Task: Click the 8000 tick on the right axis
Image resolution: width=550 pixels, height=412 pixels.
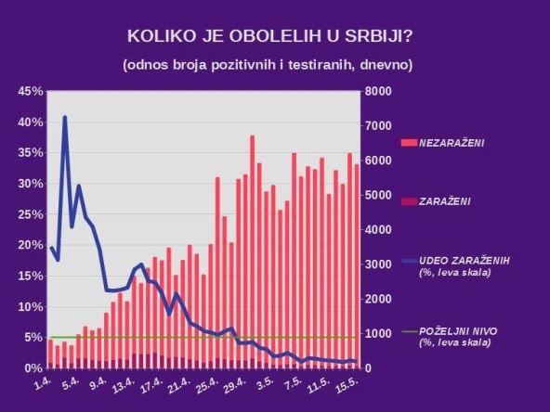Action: click(378, 91)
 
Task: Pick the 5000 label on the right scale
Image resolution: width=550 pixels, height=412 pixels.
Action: click(378, 196)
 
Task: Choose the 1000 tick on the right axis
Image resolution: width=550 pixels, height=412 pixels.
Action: click(378, 334)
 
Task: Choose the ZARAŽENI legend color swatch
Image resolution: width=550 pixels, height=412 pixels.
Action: click(409, 200)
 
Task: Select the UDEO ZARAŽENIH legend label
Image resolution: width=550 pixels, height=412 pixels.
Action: click(465, 259)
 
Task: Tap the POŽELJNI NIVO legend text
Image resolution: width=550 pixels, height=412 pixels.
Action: click(460, 330)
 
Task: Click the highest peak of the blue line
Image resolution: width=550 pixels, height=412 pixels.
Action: click(64, 118)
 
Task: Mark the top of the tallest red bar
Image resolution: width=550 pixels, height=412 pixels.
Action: click(252, 136)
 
